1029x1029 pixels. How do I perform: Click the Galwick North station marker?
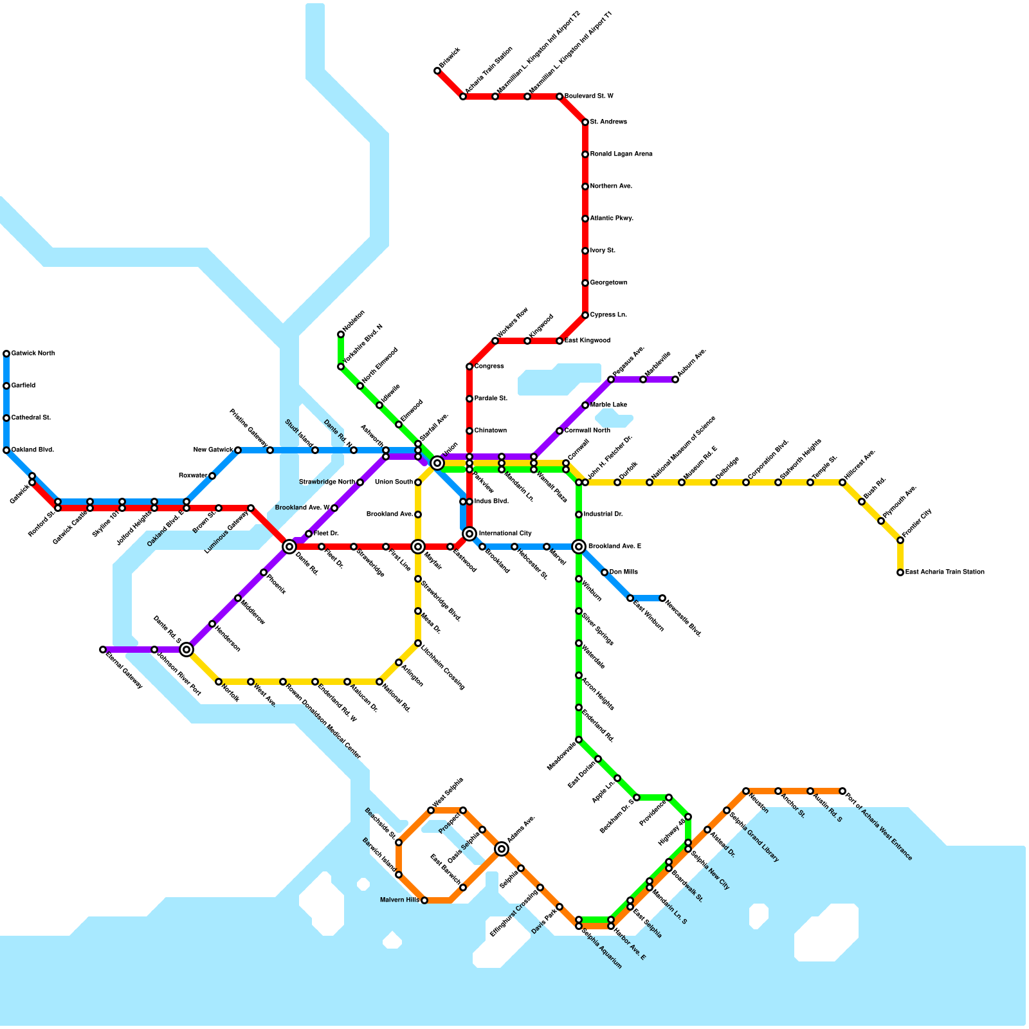click(6, 354)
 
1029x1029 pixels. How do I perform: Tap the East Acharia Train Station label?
click(944, 572)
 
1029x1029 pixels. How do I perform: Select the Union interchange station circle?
click(437, 463)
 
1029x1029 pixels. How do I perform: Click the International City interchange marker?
click(469, 534)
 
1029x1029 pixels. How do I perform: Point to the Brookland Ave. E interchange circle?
click(579, 547)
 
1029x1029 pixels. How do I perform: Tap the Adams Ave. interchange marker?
click(502, 849)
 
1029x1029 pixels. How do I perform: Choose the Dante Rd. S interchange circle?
click(187, 650)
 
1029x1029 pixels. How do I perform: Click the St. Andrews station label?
click(608, 122)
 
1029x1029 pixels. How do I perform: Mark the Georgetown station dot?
click(585, 283)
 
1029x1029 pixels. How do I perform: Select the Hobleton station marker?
click(341, 334)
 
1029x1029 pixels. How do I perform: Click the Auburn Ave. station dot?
click(675, 379)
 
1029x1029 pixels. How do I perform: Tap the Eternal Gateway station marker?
click(103, 650)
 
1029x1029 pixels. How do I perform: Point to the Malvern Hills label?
click(399, 900)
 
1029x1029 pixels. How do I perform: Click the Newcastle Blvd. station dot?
click(662, 598)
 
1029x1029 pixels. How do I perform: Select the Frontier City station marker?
click(900, 540)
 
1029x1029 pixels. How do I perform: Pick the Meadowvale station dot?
click(579, 740)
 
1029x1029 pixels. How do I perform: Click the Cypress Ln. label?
click(608, 315)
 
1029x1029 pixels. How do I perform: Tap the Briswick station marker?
click(437, 71)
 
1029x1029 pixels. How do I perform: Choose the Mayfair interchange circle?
click(418, 547)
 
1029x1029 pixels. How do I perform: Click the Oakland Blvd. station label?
click(32, 450)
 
